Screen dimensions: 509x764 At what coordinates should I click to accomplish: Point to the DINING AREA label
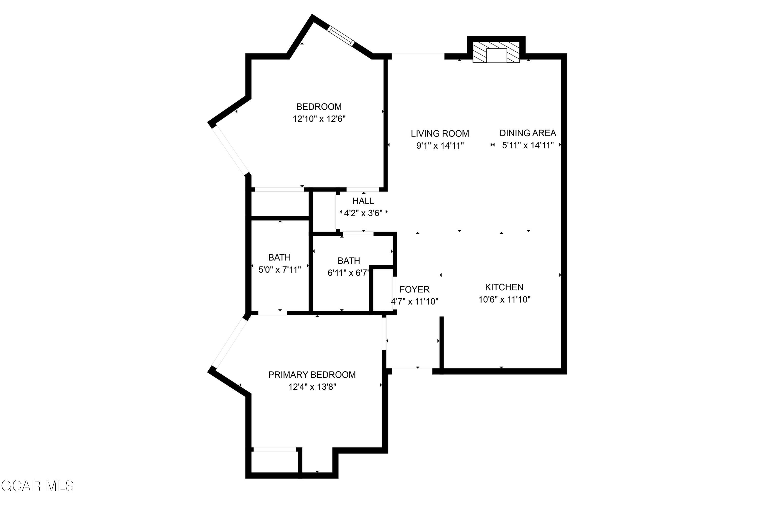[x=527, y=133]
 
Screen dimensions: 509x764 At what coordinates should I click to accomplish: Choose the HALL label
[x=363, y=201]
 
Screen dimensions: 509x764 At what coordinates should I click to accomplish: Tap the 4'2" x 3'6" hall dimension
[x=363, y=213]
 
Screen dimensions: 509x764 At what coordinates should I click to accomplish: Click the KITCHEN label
[x=504, y=287]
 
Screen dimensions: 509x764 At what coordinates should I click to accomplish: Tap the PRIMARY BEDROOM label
[x=312, y=375]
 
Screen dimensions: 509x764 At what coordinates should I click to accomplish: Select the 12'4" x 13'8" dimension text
[x=312, y=387]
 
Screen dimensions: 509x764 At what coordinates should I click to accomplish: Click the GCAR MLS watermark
[x=37, y=486]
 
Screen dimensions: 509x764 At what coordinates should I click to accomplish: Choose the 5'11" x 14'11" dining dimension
[x=527, y=145]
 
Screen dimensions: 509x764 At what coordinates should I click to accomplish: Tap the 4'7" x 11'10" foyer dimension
[x=415, y=302]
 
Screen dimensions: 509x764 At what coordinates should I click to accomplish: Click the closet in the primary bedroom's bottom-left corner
[x=275, y=462]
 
